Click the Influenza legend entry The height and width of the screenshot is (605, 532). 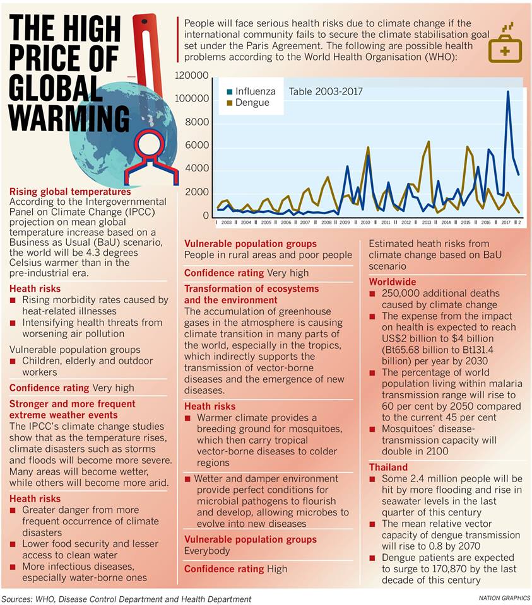click(251, 91)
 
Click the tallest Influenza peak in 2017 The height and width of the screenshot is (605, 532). click(507, 92)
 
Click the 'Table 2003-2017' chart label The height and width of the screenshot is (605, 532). click(326, 91)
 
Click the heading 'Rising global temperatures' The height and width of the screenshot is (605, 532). click(70, 192)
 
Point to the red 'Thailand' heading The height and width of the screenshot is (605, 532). click(388, 467)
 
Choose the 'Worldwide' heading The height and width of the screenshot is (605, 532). click(393, 282)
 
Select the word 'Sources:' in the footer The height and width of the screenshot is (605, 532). click(18, 599)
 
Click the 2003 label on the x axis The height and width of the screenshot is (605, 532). click(226, 222)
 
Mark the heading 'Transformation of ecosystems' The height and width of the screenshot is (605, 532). click(252, 288)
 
